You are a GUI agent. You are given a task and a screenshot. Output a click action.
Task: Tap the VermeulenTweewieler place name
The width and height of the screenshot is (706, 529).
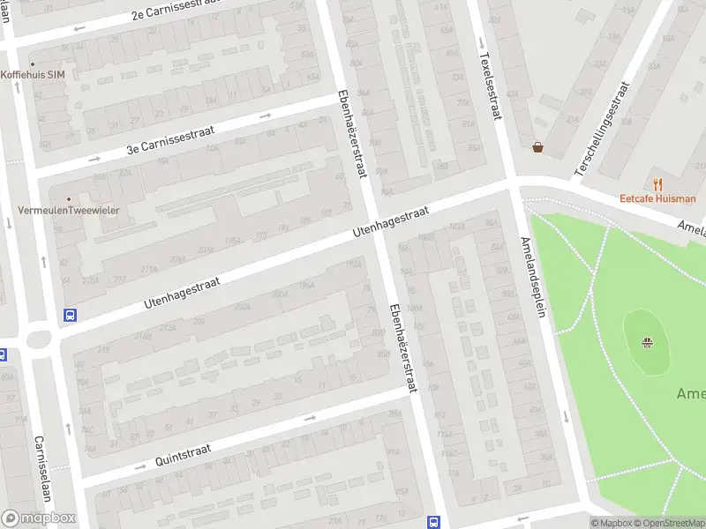pos(69,210)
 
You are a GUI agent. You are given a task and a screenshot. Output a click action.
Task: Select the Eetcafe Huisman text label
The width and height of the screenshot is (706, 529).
pos(657,198)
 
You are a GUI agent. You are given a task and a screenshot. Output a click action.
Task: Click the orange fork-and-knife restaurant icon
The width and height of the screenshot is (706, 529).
pos(657,183)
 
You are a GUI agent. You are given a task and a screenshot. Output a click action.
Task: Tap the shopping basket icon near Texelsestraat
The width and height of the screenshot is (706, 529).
pos(537,147)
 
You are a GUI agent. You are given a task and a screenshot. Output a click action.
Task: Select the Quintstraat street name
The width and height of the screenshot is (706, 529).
pos(184,452)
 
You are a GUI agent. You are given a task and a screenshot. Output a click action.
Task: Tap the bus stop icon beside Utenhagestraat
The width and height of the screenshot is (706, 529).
pos(70,315)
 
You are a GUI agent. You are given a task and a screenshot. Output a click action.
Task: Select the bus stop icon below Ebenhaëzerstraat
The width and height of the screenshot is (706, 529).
pos(432,521)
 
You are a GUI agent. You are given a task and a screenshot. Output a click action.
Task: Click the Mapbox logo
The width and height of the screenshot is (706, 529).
pos(38,518)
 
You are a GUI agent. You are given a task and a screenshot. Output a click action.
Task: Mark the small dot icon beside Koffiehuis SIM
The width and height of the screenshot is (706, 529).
pos(33,64)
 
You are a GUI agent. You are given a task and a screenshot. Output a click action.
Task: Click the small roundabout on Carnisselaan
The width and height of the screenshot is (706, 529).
pos(40,338)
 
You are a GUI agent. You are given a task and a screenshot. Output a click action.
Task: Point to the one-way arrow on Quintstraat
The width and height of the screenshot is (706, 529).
pos(139,466)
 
